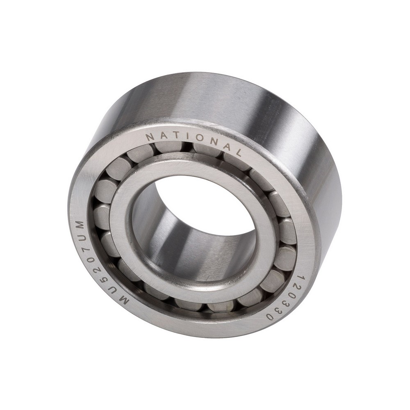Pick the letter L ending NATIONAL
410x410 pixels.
coord(237,153)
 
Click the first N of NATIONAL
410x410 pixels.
coord(150,137)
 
